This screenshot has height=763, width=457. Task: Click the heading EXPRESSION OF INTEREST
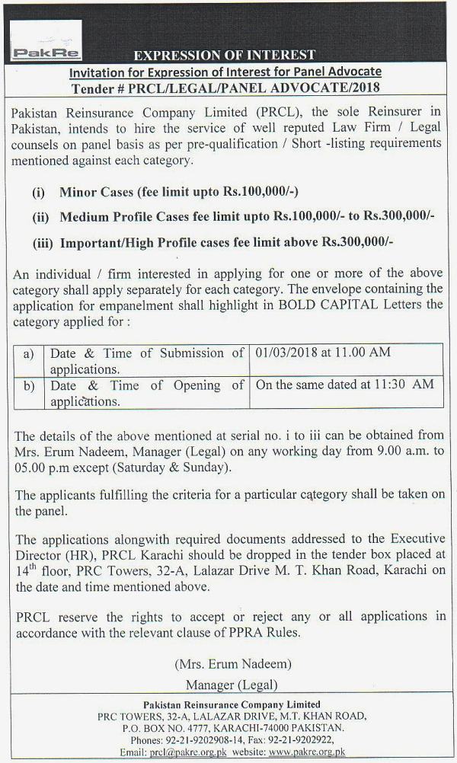pyautogui.click(x=224, y=55)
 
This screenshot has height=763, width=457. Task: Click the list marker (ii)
pyautogui.click(x=40, y=217)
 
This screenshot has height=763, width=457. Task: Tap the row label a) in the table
pyautogui.click(x=29, y=353)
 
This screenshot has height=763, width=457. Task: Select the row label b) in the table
pyautogui.click(x=29, y=385)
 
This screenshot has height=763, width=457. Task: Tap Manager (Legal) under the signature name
pyautogui.click(x=232, y=684)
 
